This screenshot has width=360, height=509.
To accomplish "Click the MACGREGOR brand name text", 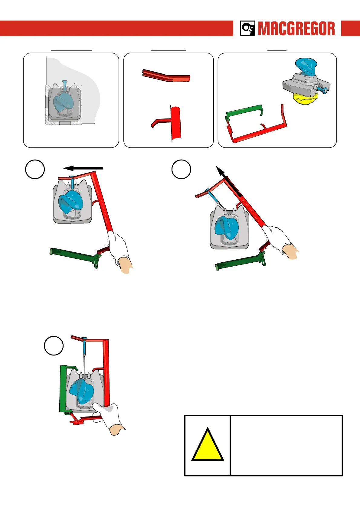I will tap(296, 29).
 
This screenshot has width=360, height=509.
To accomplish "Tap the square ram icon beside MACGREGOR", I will tap(247, 28).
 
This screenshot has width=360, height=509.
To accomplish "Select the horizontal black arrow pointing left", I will tap(83, 168).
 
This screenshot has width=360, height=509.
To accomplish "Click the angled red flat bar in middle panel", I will tap(166, 76).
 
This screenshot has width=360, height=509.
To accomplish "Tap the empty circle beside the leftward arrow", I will tap(35, 169).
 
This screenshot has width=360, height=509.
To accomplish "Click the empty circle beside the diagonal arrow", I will tap(181, 169).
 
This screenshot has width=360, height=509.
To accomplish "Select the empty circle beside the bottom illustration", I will tap(54, 345).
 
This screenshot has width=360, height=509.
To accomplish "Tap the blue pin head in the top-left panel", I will tap(64, 82).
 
